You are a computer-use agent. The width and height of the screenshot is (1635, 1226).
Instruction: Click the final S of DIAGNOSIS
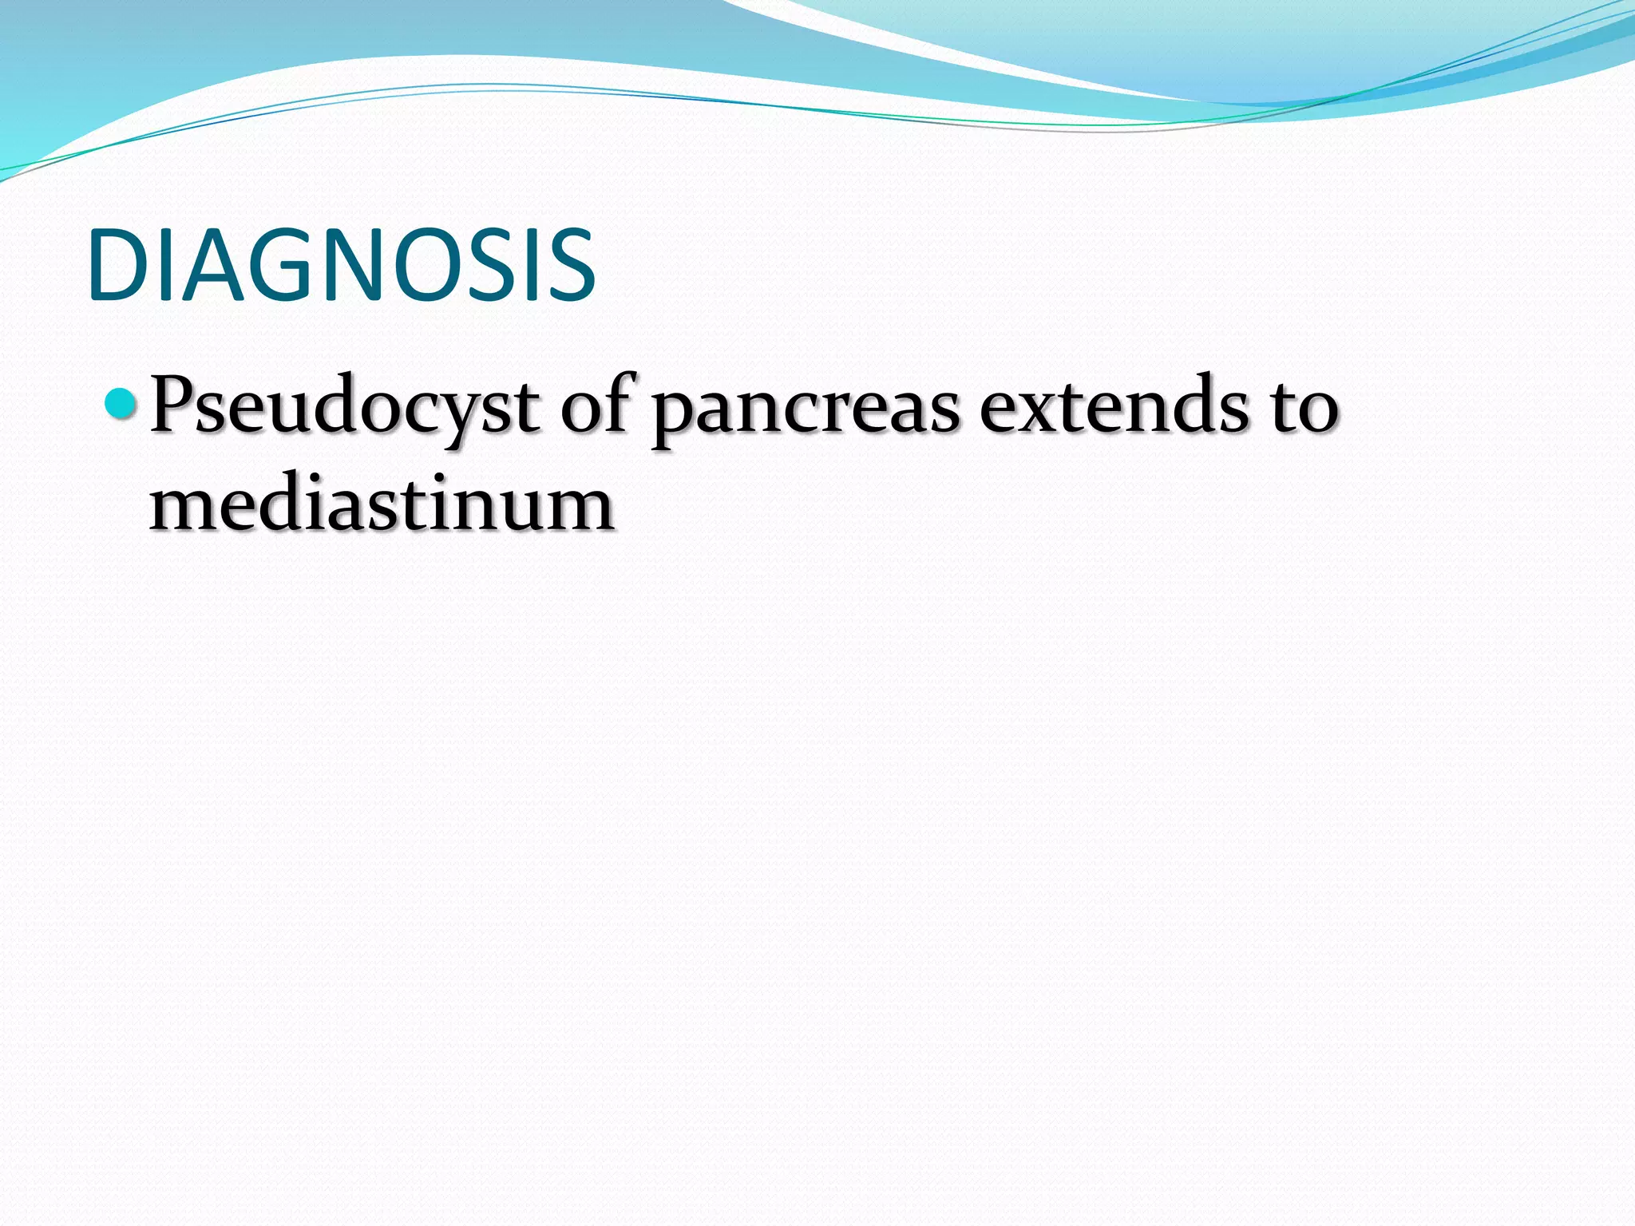point(569,266)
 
